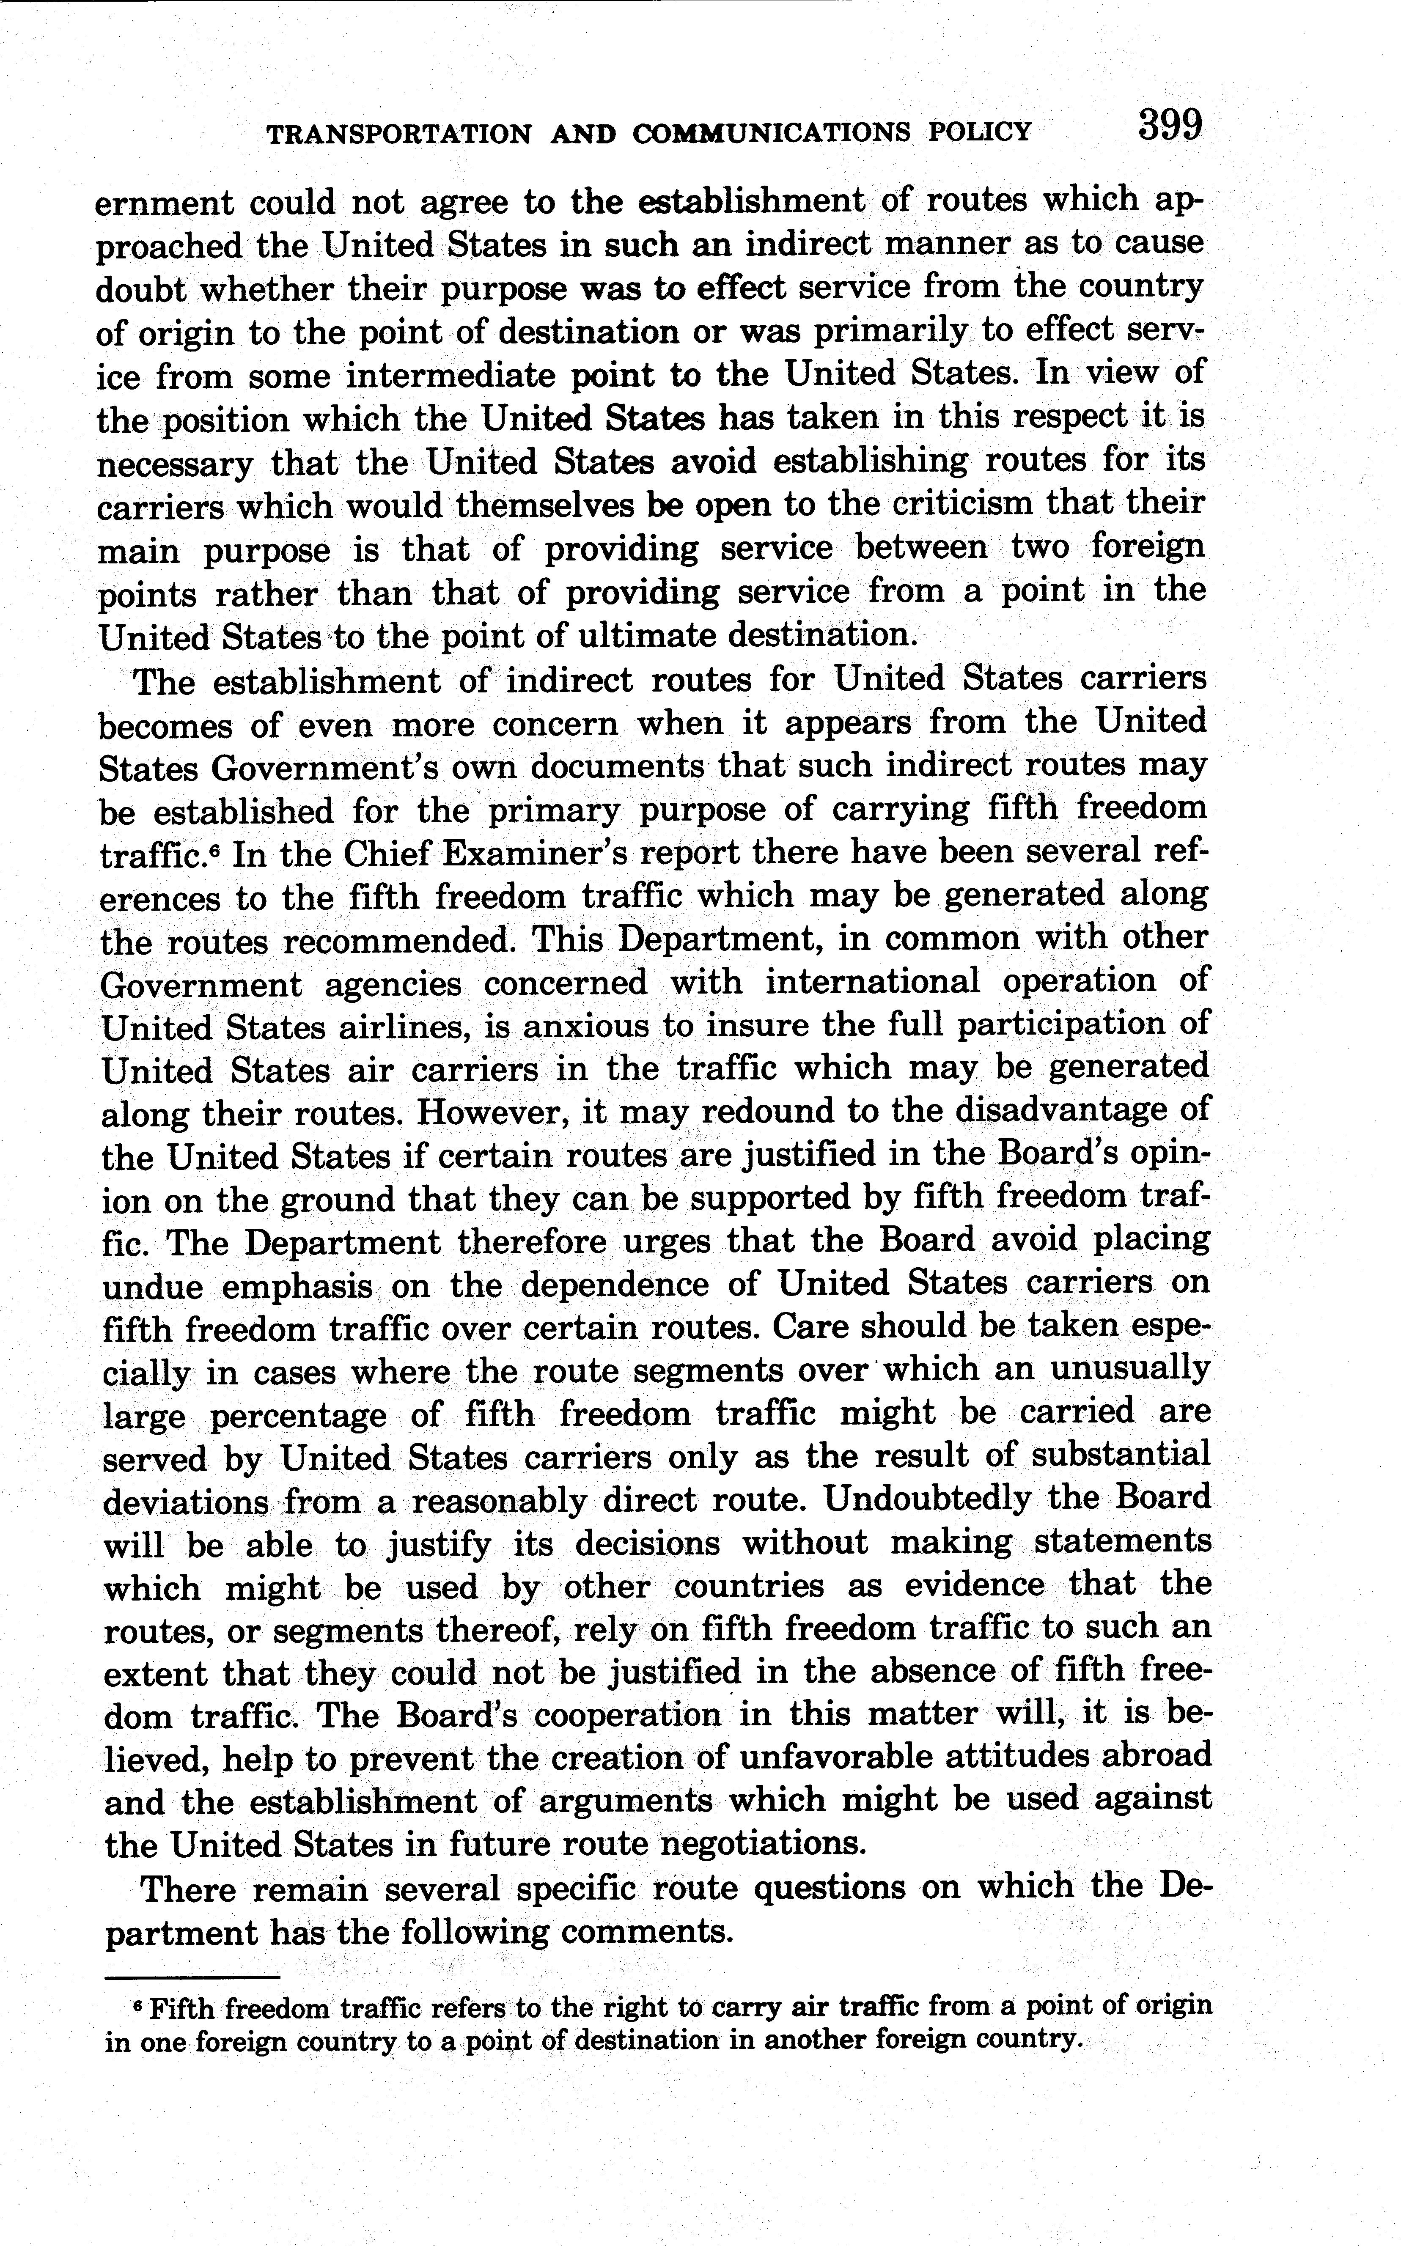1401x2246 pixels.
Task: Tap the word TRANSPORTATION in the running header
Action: coord(398,133)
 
